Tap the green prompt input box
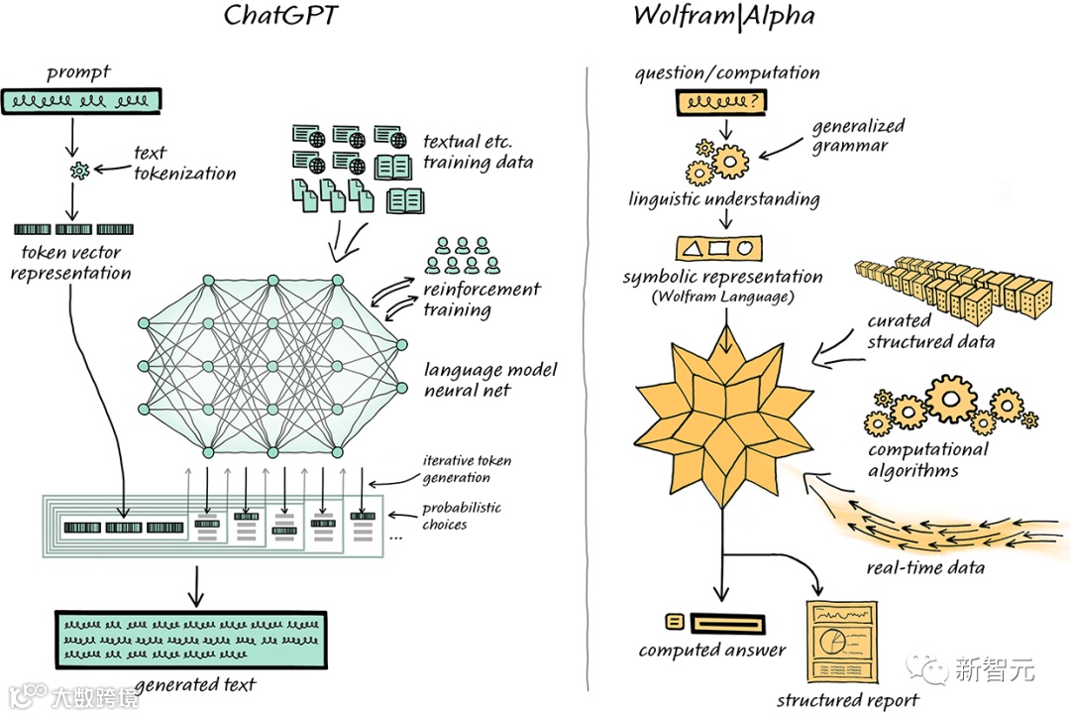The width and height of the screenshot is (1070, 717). tap(82, 100)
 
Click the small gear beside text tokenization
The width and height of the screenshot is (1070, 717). tap(80, 172)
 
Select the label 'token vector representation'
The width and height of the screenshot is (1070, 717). tap(70, 263)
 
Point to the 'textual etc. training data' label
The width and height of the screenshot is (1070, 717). tap(478, 152)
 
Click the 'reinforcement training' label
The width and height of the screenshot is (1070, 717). tap(481, 299)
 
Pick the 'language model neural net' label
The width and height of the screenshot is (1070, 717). tap(490, 380)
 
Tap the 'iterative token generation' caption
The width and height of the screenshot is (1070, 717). tap(467, 469)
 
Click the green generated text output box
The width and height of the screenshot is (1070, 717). tap(190, 638)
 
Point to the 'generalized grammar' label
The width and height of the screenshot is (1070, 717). tap(858, 136)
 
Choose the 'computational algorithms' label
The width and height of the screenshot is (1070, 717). tap(927, 460)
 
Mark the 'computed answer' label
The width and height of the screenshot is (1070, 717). tap(711, 651)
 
